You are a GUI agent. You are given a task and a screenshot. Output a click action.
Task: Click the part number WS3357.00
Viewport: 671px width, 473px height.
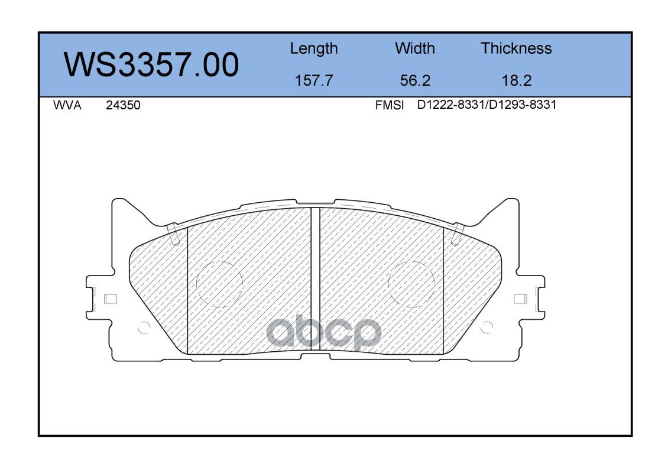[x=151, y=65]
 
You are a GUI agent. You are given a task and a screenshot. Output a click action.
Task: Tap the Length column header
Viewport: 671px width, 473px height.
[x=314, y=49]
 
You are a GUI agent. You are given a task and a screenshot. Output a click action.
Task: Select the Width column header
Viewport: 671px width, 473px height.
[x=414, y=48]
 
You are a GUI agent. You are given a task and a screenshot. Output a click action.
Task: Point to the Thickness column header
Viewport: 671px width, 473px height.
[x=516, y=48]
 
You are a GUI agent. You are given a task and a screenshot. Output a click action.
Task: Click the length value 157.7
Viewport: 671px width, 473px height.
[x=314, y=80]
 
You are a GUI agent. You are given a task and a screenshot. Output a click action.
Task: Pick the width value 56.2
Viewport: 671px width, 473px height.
[x=415, y=80]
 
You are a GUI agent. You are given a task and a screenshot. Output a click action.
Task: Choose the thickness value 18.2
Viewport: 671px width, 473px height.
[x=517, y=80]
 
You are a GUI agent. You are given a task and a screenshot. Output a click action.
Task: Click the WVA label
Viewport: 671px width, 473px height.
[x=67, y=105]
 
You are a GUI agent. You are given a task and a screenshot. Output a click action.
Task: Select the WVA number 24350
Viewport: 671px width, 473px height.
[x=123, y=105]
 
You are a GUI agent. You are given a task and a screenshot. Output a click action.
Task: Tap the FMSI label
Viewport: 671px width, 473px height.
[x=390, y=105]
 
